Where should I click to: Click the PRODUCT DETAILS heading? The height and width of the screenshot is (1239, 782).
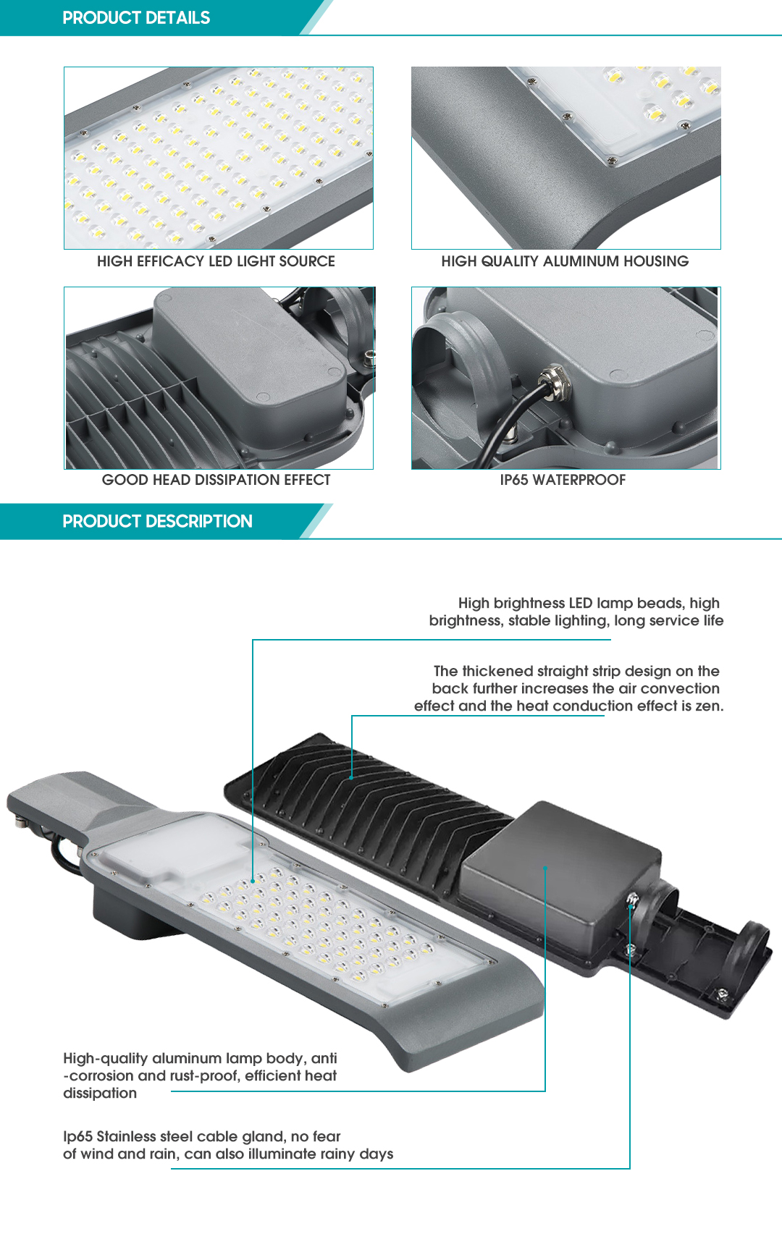(x=136, y=18)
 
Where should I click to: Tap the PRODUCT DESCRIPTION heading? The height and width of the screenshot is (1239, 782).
(x=157, y=522)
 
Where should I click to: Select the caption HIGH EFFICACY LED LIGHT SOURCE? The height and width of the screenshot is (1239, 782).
(x=216, y=261)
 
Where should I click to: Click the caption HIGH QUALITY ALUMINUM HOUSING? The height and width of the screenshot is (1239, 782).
(x=565, y=261)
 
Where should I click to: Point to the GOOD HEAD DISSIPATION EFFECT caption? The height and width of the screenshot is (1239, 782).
(x=216, y=480)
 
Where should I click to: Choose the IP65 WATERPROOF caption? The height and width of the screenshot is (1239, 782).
(x=563, y=480)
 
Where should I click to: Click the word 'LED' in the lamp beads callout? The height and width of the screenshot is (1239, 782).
(x=580, y=604)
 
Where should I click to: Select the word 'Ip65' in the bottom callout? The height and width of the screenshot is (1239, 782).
(x=77, y=1137)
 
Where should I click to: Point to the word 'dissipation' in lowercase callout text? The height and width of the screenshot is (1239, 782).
(x=100, y=1094)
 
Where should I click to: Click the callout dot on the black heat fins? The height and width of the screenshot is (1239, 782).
(x=352, y=778)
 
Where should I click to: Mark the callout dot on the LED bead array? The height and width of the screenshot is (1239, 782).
(x=253, y=881)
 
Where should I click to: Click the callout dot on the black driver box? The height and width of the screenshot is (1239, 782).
(x=545, y=867)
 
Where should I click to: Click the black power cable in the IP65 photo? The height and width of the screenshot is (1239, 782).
(x=510, y=420)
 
